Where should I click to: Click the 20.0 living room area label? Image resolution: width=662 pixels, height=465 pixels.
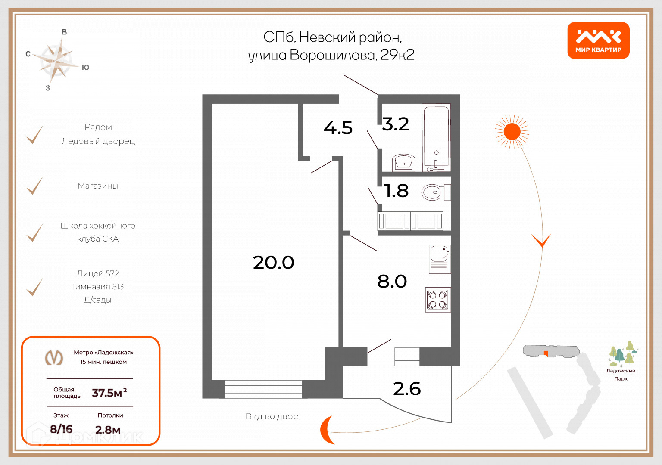click(x=273, y=263)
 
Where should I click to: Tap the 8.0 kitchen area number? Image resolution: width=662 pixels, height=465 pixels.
click(x=392, y=282)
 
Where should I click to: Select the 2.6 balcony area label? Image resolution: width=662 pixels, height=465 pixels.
click(x=406, y=389)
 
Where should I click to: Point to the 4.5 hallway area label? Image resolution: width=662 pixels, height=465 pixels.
click(x=338, y=128)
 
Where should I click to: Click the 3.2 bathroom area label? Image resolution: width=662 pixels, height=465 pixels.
click(x=395, y=124)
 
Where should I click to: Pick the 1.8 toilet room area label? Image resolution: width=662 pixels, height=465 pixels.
click(x=396, y=191)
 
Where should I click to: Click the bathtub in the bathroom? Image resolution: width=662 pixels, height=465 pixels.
click(x=437, y=136)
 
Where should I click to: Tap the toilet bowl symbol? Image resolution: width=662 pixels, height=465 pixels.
click(x=433, y=192)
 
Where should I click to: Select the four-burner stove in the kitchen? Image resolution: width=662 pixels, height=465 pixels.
click(x=437, y=300)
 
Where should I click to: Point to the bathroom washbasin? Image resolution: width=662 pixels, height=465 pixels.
click(x=403, y=163)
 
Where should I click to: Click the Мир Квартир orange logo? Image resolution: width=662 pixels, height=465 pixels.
click(x=598, y=40)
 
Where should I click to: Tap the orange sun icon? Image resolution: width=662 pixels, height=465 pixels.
click(x=512, y=131)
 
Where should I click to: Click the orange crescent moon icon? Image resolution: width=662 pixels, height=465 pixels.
click(x=327, y=430)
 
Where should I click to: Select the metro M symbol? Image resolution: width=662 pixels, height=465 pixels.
click(x=54, y=357)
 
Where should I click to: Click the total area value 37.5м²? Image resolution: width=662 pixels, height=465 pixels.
click(x=109, y=393)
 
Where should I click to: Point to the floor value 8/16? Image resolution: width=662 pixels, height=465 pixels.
click(x=61, y=429)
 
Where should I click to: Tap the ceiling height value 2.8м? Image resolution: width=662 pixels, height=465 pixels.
click(x=108, y=430)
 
